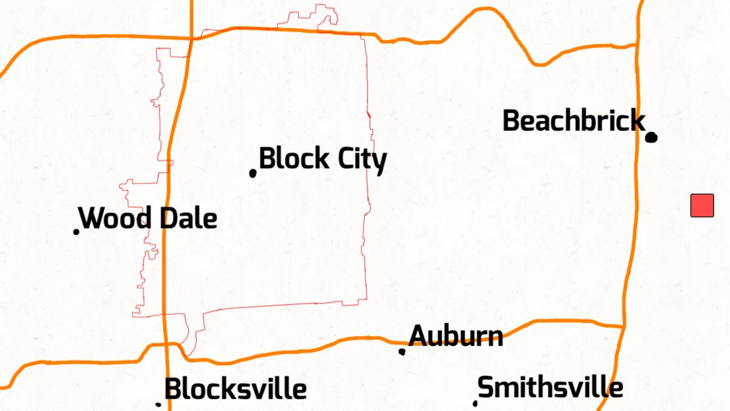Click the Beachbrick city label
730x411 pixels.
[573, 121]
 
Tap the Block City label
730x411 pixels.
[322, 160]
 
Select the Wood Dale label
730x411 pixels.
[148, 218]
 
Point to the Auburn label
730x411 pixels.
[456, 335]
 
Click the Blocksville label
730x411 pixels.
[235, 389]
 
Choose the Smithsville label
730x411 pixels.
[550, 387]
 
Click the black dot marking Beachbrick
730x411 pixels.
[651, 137]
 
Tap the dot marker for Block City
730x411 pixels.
[253, 174]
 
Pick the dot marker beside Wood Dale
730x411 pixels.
[77, 231]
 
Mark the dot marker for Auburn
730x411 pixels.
[402, 351]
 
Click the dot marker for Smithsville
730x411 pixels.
[475, 403]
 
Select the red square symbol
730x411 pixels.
[702, 205]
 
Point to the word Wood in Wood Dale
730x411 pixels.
[116, 218]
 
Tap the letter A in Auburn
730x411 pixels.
[417, 335]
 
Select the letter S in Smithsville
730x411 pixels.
[485, 387]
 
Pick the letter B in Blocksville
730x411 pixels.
[173, 389]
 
